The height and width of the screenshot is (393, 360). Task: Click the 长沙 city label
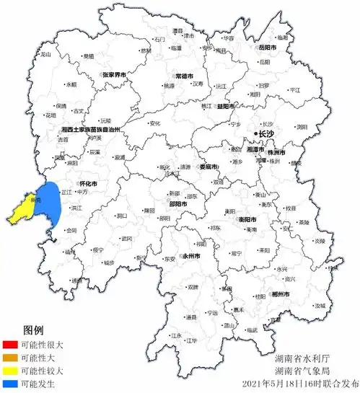tap(266, 134)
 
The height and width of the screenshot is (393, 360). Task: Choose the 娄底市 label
tap(211, 167)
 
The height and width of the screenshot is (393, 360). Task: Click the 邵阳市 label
tap(177, 204)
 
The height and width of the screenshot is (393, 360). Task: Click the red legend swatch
tap(10, 345)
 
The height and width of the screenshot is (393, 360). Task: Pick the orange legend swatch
tap(10, 358)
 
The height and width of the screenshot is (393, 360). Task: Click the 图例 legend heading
tap(34, 330)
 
